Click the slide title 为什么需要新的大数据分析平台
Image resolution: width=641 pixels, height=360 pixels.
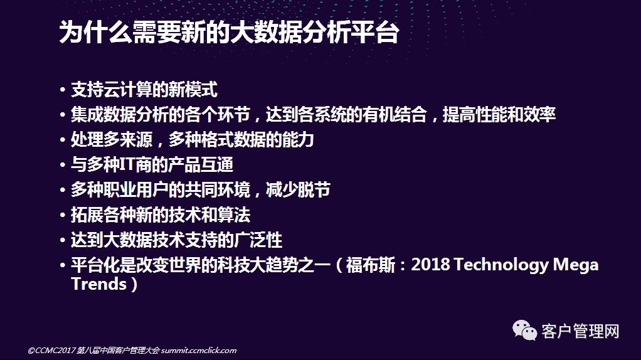click(229, 32)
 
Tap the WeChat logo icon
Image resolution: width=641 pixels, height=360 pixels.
click(524, 329)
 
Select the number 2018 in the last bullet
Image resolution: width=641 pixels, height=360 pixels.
click(430, 265)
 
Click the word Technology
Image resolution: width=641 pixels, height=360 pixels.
click(501, 265)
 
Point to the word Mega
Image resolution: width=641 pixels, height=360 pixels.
click(576, 265)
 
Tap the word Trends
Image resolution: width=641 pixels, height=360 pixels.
click(99, 284)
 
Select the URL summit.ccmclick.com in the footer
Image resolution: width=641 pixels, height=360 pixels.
click(199, 350)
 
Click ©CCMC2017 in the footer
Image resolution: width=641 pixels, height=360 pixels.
click(51, 350)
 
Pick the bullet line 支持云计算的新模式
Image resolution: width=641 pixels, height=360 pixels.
click(144, 90)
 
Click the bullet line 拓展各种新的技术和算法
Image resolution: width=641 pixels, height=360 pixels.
click(161, 215)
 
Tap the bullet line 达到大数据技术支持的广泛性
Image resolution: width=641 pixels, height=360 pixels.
click(176, 240)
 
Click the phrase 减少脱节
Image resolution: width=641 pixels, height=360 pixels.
click(298, 190)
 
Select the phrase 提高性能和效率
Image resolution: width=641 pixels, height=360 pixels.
click(499, 114)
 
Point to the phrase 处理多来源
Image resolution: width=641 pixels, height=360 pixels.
click(112, 140)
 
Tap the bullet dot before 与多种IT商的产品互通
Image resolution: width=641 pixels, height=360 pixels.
click(63, 165)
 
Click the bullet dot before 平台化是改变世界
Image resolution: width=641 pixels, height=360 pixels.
click(63, 265)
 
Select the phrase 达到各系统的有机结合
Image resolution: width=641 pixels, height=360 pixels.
click(347, 114)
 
